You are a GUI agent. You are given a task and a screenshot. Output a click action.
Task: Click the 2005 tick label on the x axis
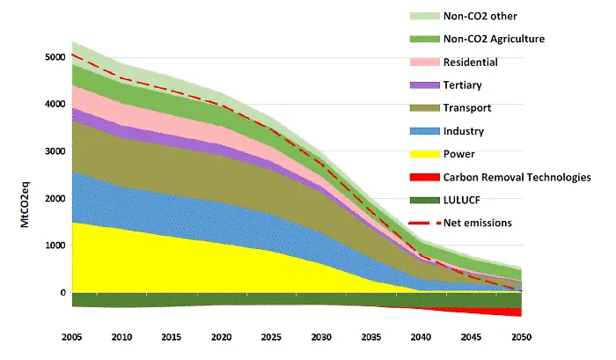(72, 336)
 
